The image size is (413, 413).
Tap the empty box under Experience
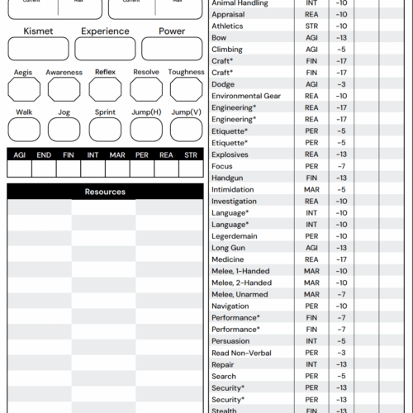(105, 49)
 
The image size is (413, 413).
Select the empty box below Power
(172, 49)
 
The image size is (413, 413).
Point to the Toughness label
(186, 73)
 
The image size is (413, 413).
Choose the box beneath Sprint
(105, 129)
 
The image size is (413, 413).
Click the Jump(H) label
(145, 112)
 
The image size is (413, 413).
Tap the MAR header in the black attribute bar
(117, 154)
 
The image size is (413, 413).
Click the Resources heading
(105, 192)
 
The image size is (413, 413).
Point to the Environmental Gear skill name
(245, 96)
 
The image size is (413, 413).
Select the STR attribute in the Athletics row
(311, 26)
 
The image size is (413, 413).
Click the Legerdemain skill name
(235, 236)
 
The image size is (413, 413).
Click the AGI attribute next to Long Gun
(311, 248)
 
